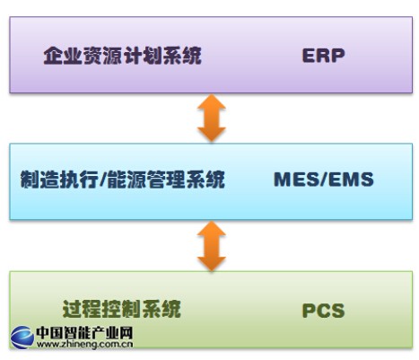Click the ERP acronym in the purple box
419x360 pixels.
[323, 56]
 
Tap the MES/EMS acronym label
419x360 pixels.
[324, 180]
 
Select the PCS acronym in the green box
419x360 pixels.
[323, 311]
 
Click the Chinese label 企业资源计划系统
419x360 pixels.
[122, 56]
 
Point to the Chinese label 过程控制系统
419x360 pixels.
[122, 309]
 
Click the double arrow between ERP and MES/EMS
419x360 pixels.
[212, 118]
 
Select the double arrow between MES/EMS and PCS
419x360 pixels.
[212, 246]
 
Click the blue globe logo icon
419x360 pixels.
[22, 338]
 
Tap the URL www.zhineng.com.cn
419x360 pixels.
[84, 345]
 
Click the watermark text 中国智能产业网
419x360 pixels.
[84, 332]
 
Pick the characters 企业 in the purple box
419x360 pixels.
[63, 56]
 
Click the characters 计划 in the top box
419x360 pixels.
[143, 56]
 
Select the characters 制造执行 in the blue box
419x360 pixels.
[59, 180]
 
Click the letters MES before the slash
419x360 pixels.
[296, 180]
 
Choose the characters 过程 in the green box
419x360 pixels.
[82, 309]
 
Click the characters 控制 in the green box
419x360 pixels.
[122, 309]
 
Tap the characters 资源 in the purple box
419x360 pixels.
[102, 56]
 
